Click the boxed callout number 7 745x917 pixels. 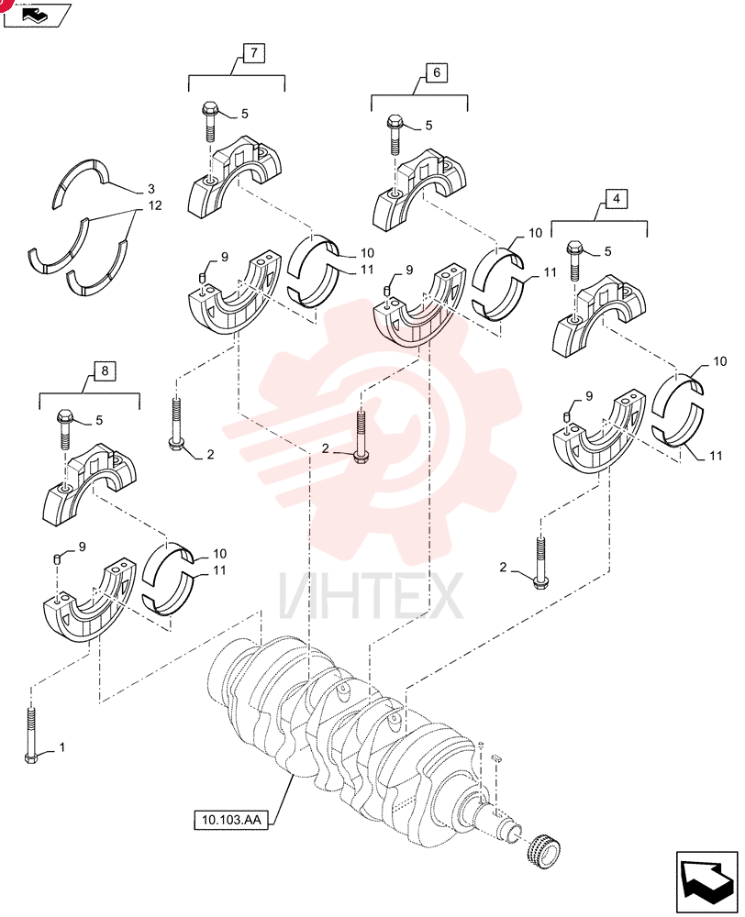tap(253, 53)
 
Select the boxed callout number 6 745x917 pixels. tap(437, 73)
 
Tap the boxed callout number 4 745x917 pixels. tap(616, 199)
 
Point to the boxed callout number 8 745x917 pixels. tap(105, 370)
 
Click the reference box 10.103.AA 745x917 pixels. tap(230, 820)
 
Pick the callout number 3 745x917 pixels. tap(151, 189)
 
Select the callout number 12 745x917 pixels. tap(154, 205)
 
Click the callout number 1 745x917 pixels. tap(62, 747)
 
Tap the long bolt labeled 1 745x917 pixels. tap(31, 735)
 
